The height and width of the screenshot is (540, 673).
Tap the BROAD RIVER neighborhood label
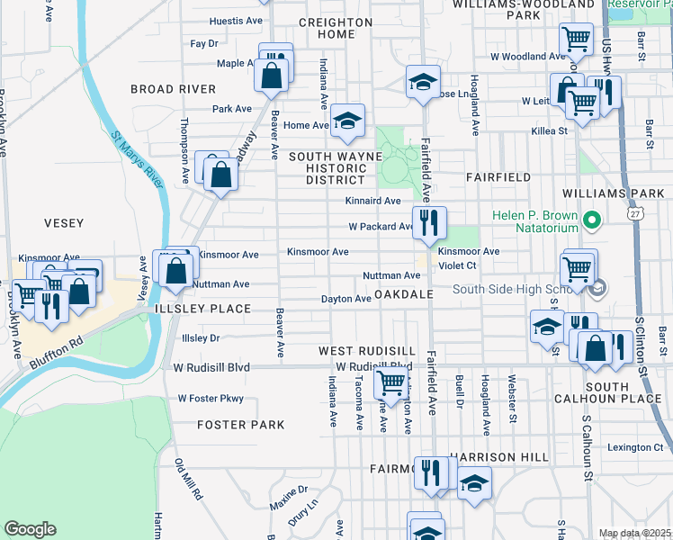174,89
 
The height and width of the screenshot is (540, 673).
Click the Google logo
30,529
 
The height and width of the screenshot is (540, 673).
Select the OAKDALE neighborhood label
404,294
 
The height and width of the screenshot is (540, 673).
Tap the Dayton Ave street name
346,299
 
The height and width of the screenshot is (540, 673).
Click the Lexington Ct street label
633,447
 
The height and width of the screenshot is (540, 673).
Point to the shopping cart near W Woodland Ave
575,40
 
